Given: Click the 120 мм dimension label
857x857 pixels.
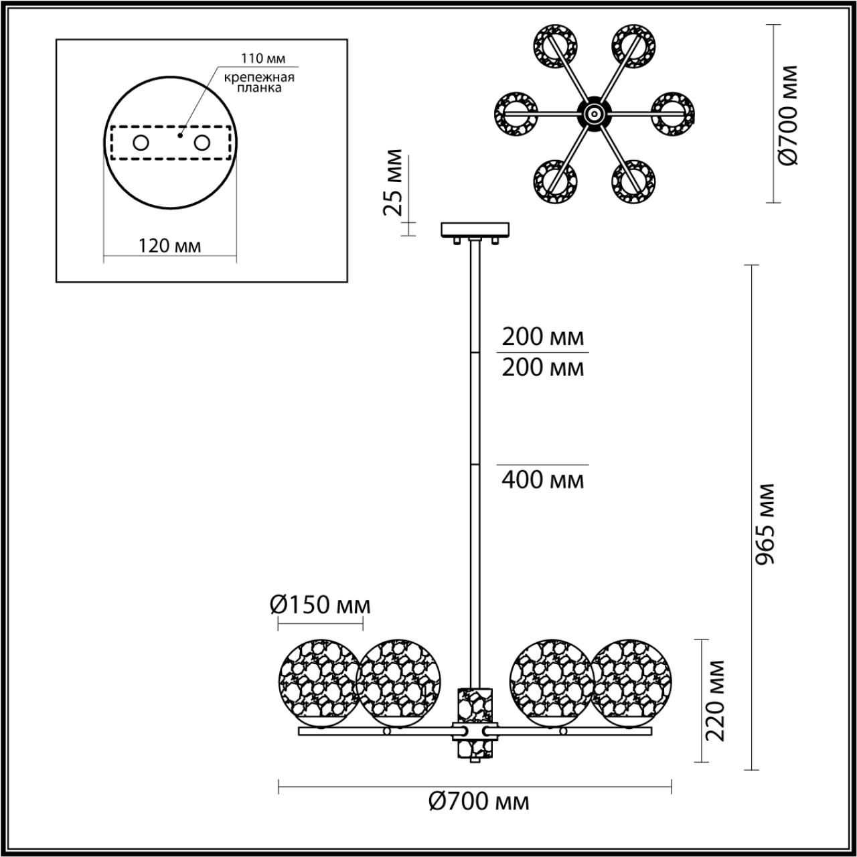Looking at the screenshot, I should tap(169, 246).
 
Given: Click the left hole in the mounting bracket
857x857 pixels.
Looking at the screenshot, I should tap(141, 143).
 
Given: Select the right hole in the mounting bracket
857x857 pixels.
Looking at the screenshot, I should tap(201, 143).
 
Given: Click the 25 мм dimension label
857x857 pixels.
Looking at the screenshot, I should tap(394, 183).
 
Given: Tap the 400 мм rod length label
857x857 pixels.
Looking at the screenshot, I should tap(543, 479).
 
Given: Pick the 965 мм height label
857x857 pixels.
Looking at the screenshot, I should tap(765, 524).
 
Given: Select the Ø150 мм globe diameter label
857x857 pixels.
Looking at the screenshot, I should tap(320, 605).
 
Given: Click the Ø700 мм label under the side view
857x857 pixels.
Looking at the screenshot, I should tap(478, 801).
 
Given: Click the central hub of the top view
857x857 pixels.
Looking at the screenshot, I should tap(593, 114).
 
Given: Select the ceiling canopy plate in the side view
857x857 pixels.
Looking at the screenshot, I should tap(475, 230).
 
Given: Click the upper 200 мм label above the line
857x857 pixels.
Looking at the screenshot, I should tap(543, 336).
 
